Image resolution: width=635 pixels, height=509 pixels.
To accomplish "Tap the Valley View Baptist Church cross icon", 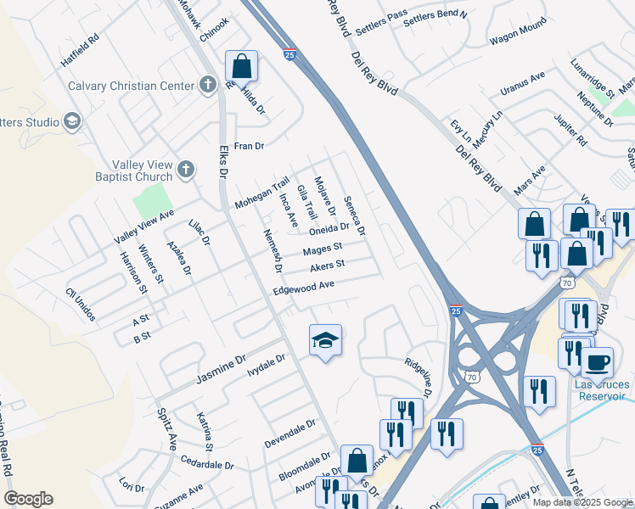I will [187, 171].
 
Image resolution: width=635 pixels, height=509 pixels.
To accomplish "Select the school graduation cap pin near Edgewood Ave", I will [325, 341].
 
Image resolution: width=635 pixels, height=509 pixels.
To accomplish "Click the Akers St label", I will [327, 266].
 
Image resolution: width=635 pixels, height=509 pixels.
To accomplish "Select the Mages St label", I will [323, 248].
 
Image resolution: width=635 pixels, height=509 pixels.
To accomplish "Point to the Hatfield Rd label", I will [80, 51].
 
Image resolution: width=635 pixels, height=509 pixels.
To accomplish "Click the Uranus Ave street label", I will [522, 82].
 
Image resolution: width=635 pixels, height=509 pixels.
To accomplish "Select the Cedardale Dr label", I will [207, 464].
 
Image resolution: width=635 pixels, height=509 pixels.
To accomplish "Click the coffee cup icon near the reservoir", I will [597, 362].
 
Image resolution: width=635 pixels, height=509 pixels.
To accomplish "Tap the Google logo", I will [28, 499].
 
